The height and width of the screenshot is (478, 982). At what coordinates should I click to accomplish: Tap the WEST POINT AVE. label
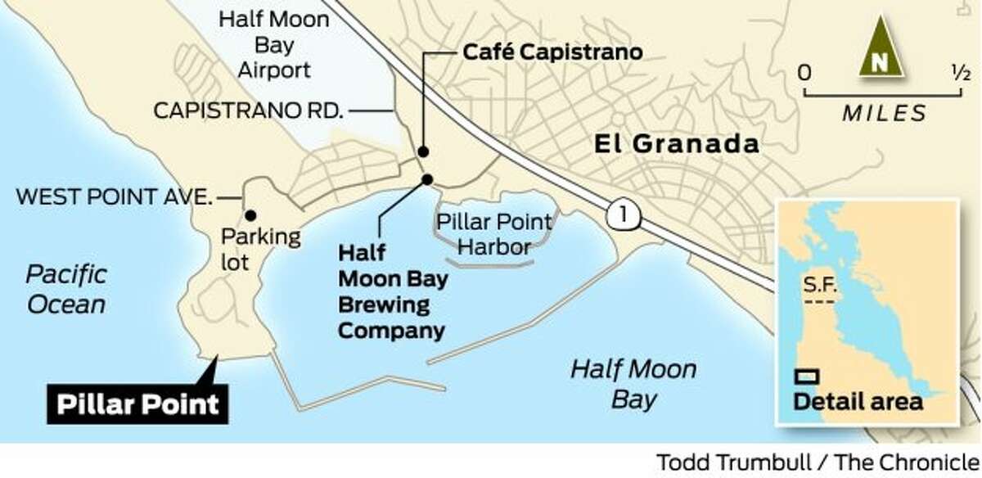click(x=115, y=197)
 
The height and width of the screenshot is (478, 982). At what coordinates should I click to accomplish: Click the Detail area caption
click(x=858, y=402)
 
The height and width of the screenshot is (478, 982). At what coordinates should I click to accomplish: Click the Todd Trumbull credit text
click(x=815, y=462)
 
